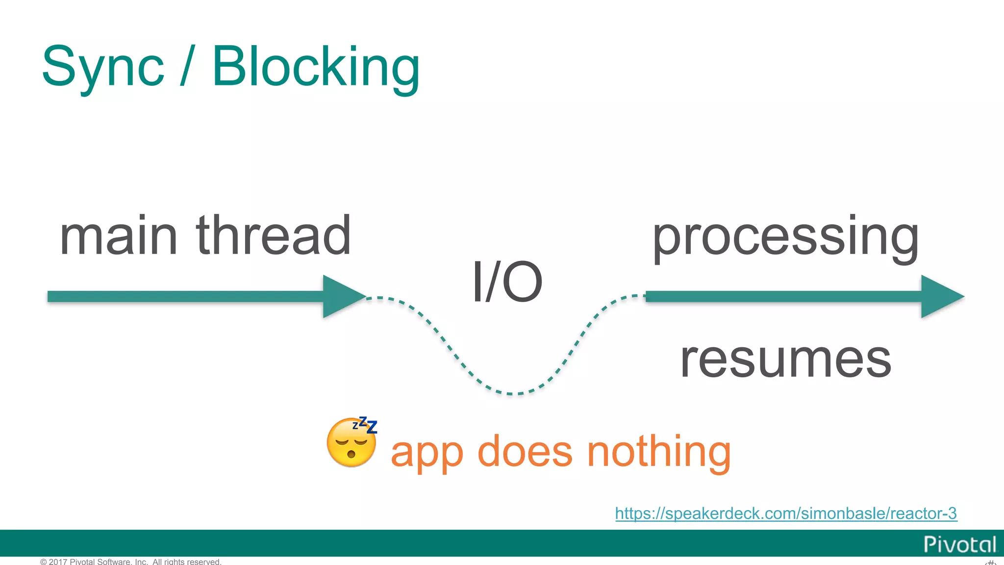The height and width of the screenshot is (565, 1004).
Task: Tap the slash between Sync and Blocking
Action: coord(188,66)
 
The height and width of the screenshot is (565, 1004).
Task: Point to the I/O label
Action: coord(507,282)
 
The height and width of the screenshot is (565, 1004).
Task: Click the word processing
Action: coord(785,237)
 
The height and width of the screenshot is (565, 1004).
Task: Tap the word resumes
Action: coord(785,360)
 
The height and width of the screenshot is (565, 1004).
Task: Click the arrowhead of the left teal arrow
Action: coord(343,296)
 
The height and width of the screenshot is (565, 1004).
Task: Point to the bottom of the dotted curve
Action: coord(510,393)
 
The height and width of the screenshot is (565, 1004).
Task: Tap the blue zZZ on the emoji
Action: coord(366,425)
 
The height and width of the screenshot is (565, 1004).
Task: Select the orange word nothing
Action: coord(659,452)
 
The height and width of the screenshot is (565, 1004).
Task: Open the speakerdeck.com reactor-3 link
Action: coord(786,514)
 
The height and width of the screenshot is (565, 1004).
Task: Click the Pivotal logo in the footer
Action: coord(959,544)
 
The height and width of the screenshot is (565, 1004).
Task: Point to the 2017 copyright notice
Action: coord(131,562)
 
